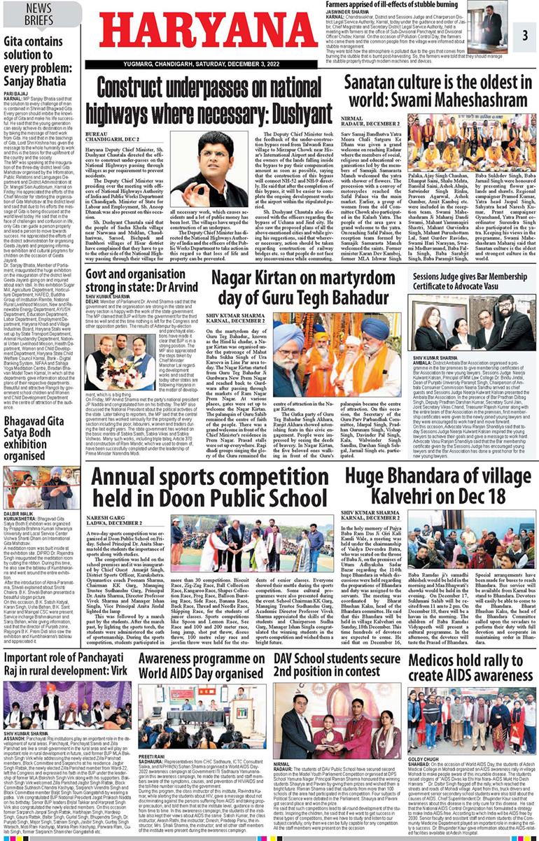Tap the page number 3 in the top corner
coord(524,34)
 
